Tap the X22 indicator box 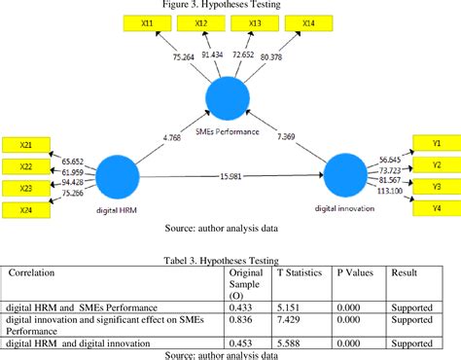27,164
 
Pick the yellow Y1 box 437,141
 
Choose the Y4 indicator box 437,207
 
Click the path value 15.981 232,175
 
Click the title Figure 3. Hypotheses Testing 230,6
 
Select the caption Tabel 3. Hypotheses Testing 230,259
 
